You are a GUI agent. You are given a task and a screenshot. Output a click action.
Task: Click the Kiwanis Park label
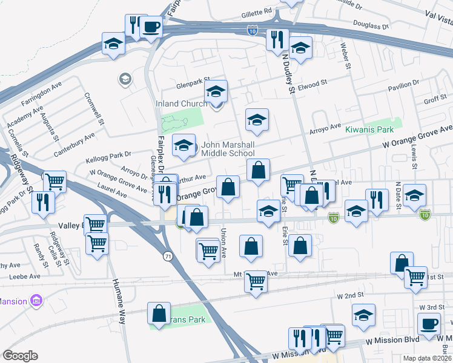369,129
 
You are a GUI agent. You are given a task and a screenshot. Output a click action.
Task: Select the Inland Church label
181,103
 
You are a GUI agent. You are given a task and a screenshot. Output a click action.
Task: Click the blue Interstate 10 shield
252,30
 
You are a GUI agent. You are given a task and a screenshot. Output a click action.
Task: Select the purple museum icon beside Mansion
36,300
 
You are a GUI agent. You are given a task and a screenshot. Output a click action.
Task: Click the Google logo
20,356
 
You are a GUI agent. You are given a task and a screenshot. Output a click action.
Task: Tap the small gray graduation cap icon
125,79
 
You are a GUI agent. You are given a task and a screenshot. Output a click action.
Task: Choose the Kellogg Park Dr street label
110,156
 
